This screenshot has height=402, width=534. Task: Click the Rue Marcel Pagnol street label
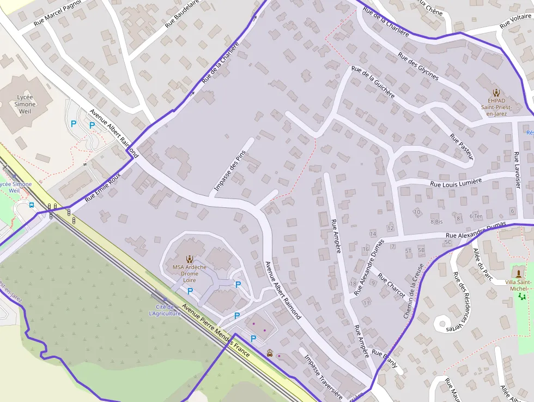pyautogui.click(x=57, y=13)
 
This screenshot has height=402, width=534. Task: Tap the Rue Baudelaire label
pyautogui.click(x=183, y=13)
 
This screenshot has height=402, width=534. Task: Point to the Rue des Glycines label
pyautogui.click(x=418, y=66)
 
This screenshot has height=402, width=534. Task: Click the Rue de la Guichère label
pyautogui.click(x=373, y=81)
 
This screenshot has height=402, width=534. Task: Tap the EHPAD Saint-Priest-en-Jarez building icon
pyautogui.click(x=496, y=93)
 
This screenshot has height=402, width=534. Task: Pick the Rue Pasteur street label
pyautogui.click(x=462, y=147)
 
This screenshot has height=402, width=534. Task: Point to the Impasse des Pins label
pyautogui.click(x=230, y=171)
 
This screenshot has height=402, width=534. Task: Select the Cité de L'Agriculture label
pyautogui.click(x=165, y=310)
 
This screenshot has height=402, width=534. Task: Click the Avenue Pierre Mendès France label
pyautogui.click(x=216, y=331)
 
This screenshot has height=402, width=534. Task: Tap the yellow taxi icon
pyautogui.click(x=270, y=353)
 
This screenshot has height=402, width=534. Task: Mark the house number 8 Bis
pyautogui.click(x=436, y=221)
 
